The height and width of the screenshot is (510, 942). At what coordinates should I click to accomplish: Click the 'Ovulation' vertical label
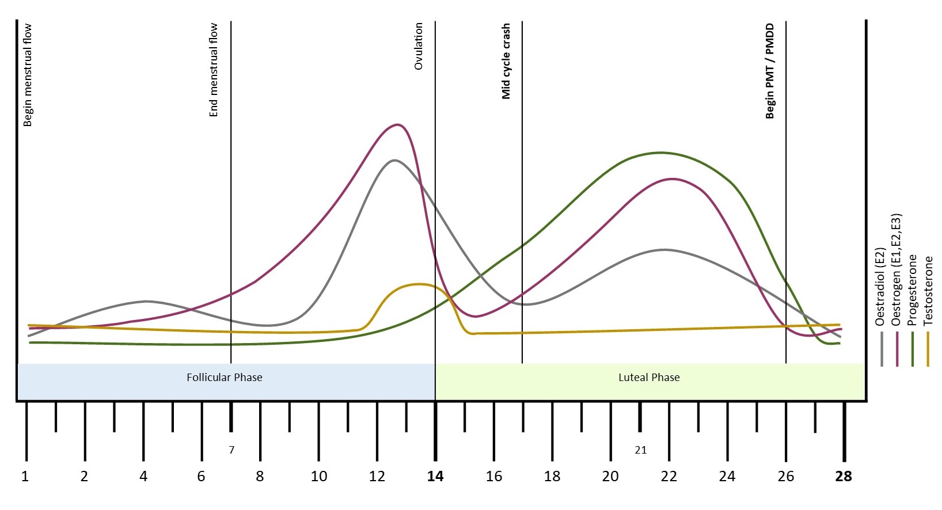(x=419, y=46)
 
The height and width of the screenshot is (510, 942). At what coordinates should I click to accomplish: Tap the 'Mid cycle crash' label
(x=506, y=61)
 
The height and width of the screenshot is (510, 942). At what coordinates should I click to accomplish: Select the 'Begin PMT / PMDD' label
(x=770, y=71)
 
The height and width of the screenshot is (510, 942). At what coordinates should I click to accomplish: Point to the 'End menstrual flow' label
(x=214, y=70)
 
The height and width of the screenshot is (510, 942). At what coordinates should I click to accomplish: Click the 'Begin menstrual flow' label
(x=27, y=75)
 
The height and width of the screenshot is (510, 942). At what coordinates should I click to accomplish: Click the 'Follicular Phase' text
(x=224, y=378)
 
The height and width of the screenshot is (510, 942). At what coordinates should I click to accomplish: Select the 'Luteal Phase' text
(x=649, y=378)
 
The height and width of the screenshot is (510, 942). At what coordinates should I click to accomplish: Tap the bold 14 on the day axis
(x=435, y=477)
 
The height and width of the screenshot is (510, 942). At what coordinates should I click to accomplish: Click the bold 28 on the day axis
(x=844, y=477)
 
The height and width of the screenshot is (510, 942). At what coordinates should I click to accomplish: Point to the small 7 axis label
(x=231, y=450)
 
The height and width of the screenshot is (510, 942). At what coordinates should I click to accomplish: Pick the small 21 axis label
(x=640, y=450)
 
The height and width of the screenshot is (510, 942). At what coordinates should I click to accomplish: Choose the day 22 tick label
(x=668, y=477)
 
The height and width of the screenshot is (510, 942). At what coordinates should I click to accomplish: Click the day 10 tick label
(x=318, y=477)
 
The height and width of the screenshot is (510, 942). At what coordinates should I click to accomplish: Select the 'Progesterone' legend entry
(x=912, y=290)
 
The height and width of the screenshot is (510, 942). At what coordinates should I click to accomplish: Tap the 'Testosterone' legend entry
(x=928, y=291)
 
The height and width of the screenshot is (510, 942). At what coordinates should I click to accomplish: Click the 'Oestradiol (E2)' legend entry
(x=880, y=287)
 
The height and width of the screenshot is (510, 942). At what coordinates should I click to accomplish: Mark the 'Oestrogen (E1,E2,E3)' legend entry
(x=896, y=270)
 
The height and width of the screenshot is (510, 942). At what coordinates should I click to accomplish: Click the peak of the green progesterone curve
(x=660, y=153)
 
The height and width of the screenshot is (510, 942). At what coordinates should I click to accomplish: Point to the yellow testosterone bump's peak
(x=419, y=284)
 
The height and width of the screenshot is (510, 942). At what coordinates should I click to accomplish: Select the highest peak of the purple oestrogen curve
(x=397, y=124)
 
